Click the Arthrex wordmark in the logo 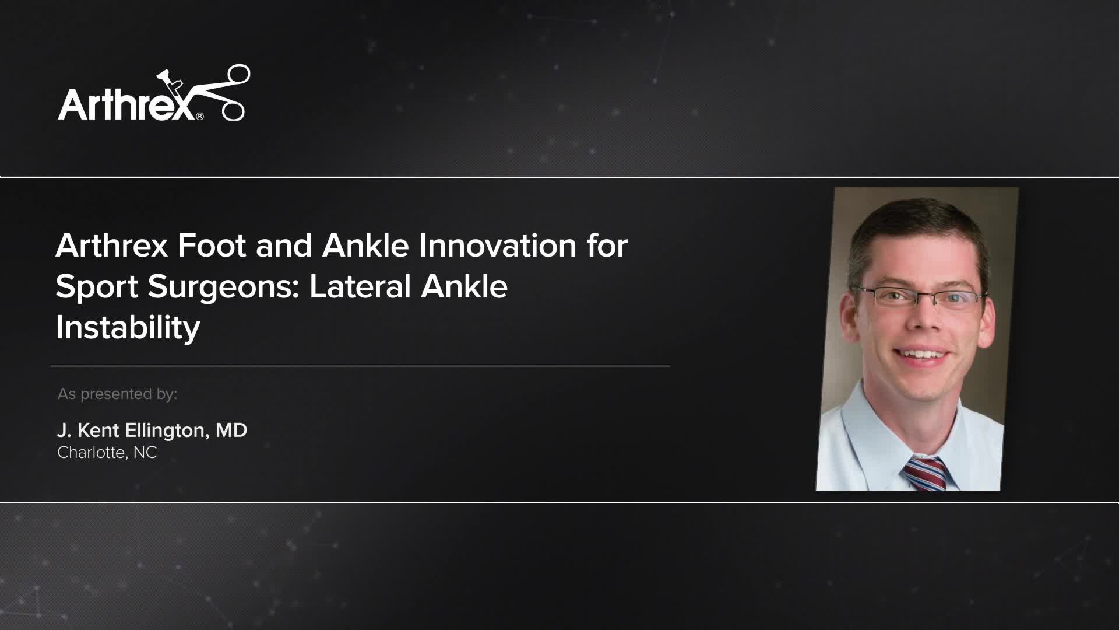[x=125, y=104]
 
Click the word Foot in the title [x=212, y=246]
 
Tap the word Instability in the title [x=128, y=327]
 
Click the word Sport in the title [x=97, y=286]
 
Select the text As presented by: [x=117, y=394]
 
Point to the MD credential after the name [x=231, y=430]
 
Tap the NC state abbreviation [x=145, y=452]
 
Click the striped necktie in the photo [x=925, y=473]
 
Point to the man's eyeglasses [x=921, y=297]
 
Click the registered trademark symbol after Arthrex [x=200, y=116]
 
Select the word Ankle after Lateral [x=464, y=286]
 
